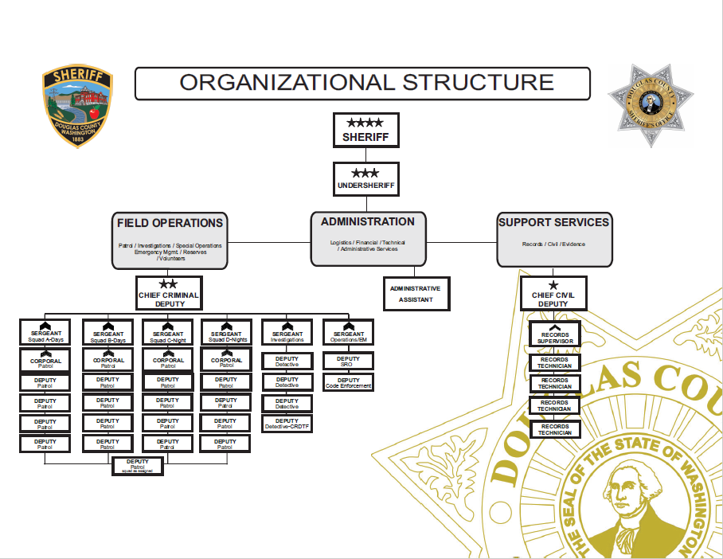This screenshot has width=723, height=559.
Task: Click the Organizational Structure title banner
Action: coord(362,83)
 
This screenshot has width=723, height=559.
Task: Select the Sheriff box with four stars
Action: coord(365,130)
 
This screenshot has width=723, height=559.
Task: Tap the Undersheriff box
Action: coord(365,179)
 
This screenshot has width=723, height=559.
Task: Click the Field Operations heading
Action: coord(170,223)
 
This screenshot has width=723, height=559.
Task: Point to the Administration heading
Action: coord(368,222)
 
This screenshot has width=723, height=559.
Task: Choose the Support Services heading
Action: coord(553,222)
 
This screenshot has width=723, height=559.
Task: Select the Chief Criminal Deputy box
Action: coord(168,293)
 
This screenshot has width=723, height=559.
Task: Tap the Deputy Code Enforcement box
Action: coord(348,382)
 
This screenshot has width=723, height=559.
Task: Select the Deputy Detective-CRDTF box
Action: coord(287,424)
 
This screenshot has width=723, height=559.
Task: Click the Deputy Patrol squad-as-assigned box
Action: coord(138,466)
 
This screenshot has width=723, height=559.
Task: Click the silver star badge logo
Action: coord(651,105)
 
